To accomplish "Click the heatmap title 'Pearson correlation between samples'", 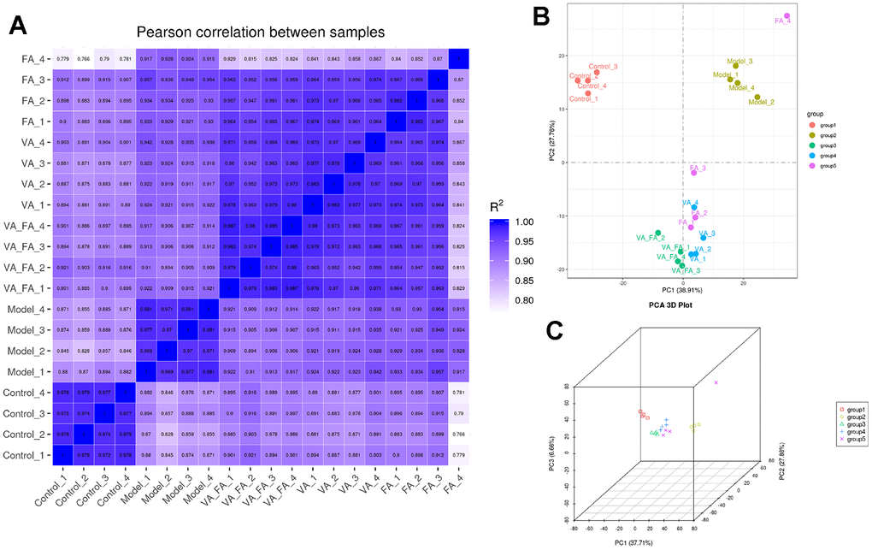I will [260, 32].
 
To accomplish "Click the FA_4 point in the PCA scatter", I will [787, 16].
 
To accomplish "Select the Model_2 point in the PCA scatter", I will [757, 97].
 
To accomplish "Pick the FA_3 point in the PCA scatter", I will [694, 173].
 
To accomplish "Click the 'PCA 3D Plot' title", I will [682, 304].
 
